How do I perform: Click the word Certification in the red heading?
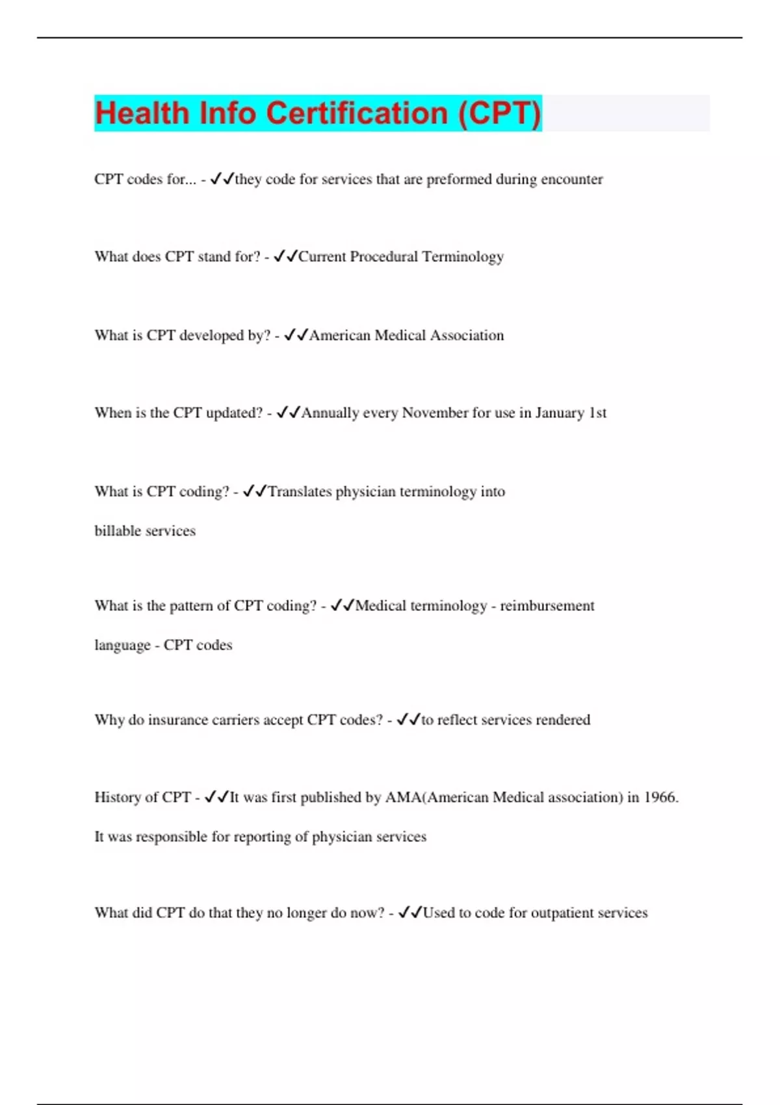357,113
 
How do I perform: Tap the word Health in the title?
142,113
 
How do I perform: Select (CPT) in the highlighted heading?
499,113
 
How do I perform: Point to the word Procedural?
383,257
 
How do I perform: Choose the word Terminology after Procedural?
463,257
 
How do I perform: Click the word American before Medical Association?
339,335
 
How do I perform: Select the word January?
560,413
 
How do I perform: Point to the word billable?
118,531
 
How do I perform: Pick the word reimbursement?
547,606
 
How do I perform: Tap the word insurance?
177,720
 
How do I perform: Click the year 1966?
660,798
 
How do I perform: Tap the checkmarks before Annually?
288,413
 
